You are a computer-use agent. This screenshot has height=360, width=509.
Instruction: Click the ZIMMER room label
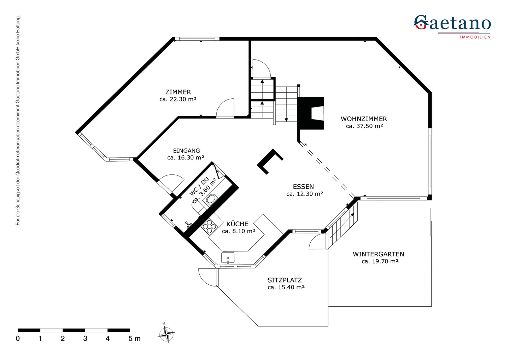coord(178,92)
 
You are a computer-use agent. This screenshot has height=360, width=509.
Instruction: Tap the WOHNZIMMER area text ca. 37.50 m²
coord(364,126)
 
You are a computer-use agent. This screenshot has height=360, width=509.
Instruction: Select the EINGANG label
coord(186,151)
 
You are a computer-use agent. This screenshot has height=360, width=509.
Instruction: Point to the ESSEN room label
coord(303,187)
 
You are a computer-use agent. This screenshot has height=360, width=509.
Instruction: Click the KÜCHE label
coord(237,224)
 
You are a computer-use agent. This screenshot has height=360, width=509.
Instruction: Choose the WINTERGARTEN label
coord(378,254)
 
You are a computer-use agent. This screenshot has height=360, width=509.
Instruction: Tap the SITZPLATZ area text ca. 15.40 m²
coord(286,288)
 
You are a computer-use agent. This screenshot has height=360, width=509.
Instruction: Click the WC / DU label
coord(199,186)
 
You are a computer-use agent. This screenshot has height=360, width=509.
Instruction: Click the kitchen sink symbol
coord(228,258)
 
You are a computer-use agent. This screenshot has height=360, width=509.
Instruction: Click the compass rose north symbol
coord(166,333)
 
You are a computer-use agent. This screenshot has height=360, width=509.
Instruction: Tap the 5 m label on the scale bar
coord(134,339)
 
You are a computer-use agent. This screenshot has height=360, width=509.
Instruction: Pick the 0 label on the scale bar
coord(18,339)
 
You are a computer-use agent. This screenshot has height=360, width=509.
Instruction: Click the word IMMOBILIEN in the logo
coord(475,37)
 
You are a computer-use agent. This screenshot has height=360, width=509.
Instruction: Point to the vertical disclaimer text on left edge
coord(18,120)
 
